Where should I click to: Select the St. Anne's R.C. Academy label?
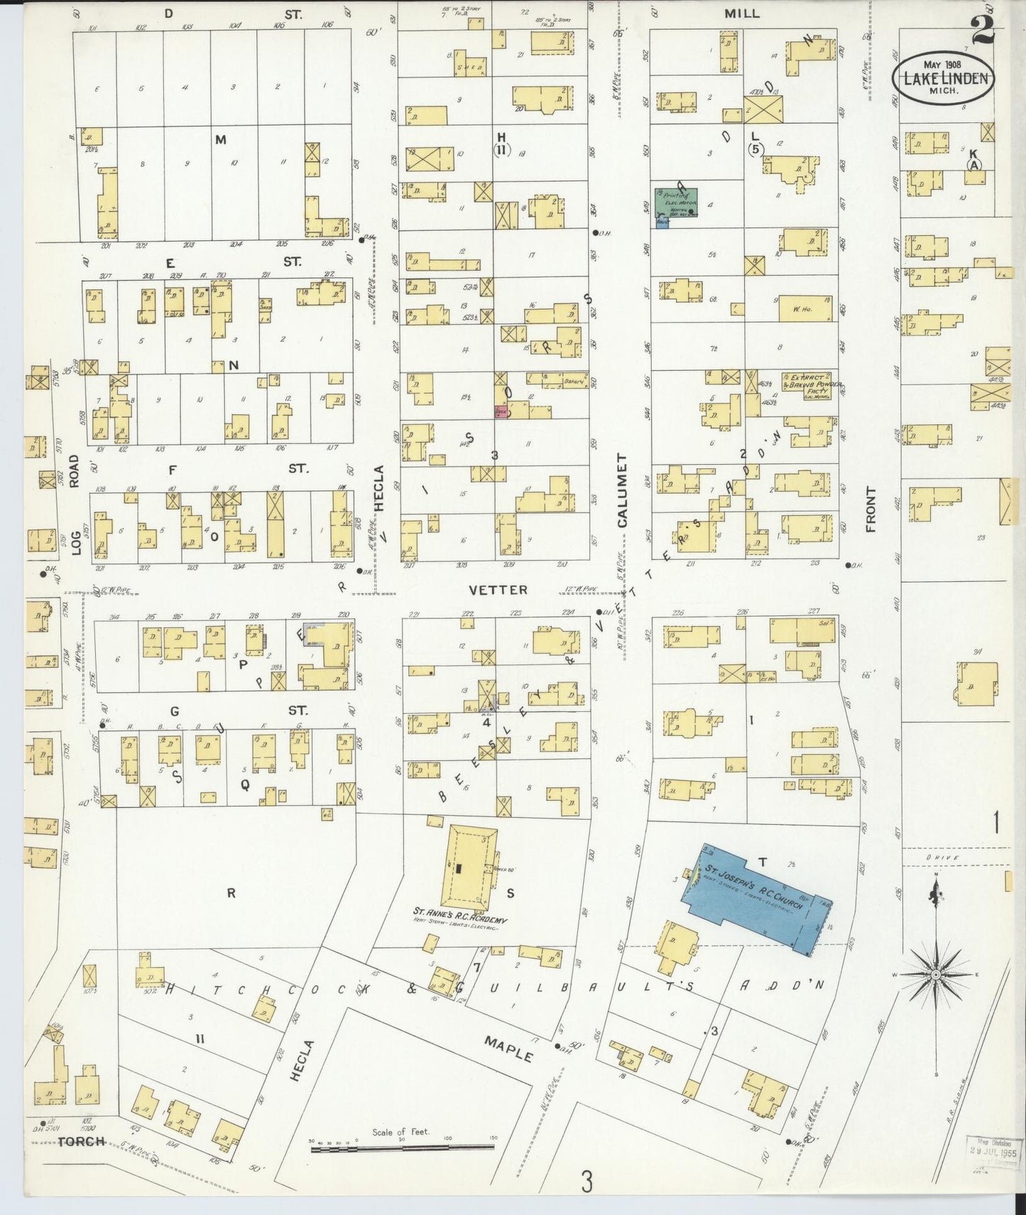tap(458, 912)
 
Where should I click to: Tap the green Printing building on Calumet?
tap(676, 202)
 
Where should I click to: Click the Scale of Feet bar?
tap(401, 1143)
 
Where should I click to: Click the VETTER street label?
tap(498, 590)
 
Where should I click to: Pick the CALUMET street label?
tap(622, 490)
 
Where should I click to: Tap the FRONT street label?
tap(871, 509)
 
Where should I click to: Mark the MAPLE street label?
tap(508, 1048)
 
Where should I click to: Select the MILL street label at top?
tap(742, 13)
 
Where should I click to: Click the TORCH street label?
tap(81, 1142)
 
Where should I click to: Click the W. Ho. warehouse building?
tap(805, 310)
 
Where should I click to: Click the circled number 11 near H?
tap(501, 149)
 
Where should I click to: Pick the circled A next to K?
tap(974, 164)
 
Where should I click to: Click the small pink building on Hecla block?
tap(501, 411)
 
